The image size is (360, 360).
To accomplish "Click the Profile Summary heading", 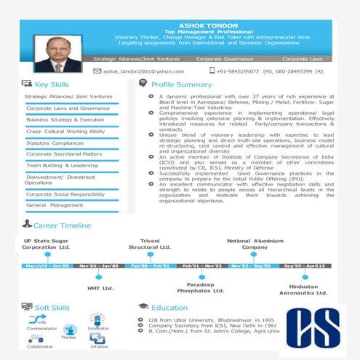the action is pos(181,84).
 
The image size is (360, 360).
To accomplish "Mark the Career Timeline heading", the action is pos(62,225).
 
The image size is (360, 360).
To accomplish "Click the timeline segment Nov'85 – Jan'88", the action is pos(99,266).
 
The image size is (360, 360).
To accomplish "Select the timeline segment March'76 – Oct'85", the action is pos(47,266).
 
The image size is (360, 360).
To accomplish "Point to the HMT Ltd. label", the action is pos(100,288).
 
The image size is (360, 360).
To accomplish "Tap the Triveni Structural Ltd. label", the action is pos(150,244).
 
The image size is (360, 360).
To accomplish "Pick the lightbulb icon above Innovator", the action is pos(97,319).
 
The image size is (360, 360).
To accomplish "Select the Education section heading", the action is pos(169,308).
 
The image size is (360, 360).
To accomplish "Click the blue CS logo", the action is pos(313,330).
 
